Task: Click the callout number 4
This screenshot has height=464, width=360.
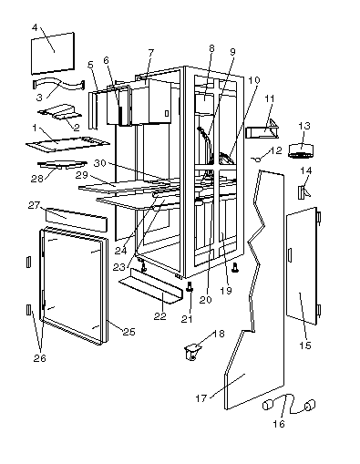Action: (35, 27)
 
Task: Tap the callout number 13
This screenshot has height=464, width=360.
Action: (304, 126)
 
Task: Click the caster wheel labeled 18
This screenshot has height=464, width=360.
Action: (191, 353)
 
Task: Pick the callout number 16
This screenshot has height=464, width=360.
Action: (279, 424)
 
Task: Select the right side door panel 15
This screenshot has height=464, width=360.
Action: (302, 266)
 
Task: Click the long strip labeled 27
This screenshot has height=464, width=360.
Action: (77, 219)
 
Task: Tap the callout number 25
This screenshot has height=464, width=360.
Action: (129, 332)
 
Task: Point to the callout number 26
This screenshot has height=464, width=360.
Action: (39, 358)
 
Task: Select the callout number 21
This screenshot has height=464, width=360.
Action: (187, 319)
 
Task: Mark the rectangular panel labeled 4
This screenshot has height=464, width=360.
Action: (53, 53)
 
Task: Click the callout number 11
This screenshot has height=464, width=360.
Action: (270, 98)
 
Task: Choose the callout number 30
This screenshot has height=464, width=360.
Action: (100, 163)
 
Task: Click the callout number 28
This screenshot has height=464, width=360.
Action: (37, 179)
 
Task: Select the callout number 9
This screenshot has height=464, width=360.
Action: (232, 52)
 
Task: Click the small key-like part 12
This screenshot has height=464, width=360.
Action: (256, 159)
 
